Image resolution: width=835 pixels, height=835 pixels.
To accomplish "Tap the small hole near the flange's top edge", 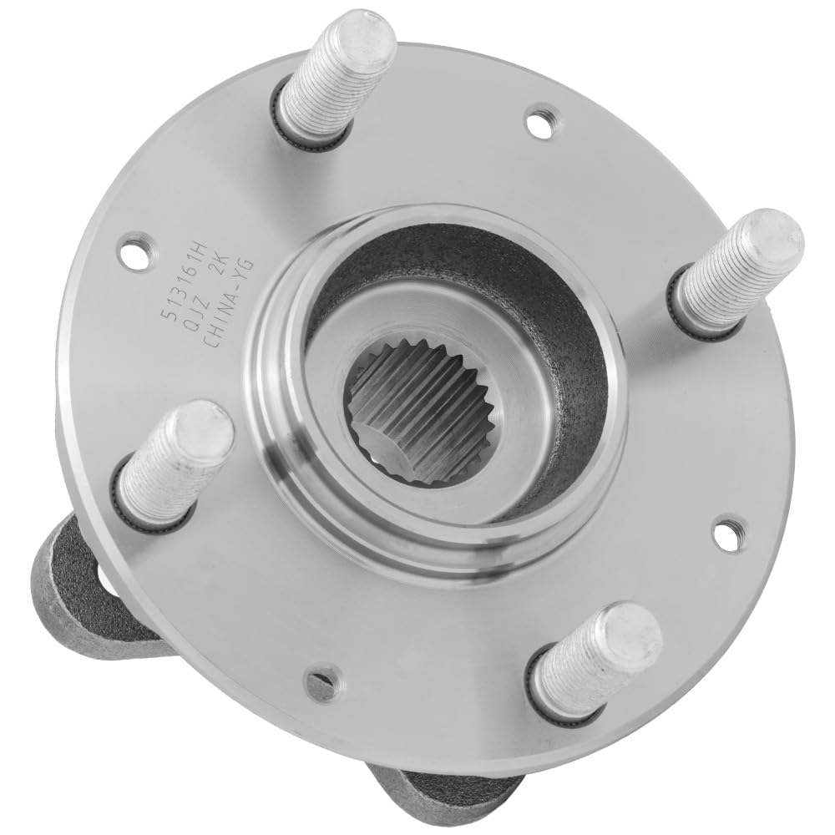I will click(x=539, y=122).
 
